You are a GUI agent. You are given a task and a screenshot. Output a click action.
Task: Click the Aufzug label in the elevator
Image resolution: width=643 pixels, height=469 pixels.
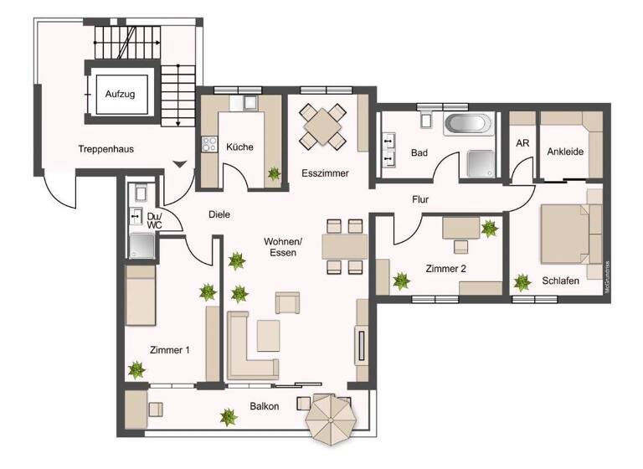120,94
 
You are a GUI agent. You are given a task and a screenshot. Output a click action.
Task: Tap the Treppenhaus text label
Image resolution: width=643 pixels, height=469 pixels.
106,149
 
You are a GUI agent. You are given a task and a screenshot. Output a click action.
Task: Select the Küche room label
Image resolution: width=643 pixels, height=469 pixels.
239,147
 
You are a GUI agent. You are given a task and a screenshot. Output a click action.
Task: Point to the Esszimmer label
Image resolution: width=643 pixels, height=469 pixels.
325,173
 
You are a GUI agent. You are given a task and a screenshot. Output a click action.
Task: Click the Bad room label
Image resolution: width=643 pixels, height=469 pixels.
419,153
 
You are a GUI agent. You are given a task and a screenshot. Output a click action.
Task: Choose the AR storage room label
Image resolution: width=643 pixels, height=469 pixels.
522,143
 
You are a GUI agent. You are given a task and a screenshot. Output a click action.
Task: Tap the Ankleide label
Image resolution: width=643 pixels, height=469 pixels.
565,152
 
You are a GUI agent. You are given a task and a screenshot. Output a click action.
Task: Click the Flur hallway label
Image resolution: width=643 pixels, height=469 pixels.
420,200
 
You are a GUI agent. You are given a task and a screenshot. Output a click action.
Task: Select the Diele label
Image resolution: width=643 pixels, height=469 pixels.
219,215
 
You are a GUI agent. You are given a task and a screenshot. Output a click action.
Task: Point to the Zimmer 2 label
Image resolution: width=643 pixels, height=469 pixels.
445,269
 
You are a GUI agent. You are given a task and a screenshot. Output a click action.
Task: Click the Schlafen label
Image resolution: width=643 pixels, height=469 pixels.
560,281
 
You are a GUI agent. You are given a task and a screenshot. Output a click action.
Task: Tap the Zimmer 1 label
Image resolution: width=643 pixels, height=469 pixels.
169,351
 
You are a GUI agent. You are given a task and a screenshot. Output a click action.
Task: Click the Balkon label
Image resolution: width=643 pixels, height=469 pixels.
264,406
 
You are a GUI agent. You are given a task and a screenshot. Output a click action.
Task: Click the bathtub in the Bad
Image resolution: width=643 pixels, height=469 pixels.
469,125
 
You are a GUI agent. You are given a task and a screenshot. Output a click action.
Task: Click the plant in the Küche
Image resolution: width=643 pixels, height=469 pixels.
273,174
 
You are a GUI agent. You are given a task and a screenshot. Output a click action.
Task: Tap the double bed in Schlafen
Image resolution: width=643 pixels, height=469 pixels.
569,233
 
